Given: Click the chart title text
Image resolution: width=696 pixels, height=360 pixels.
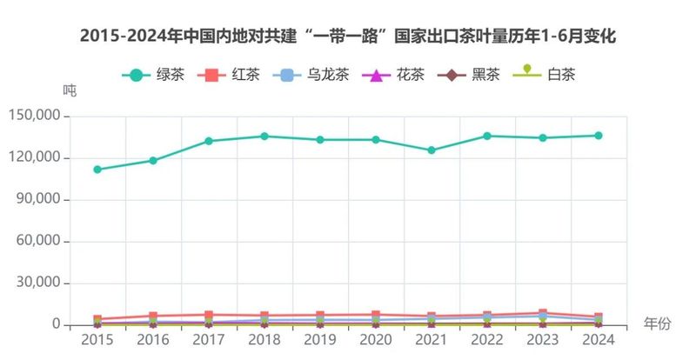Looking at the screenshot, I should coord(348,37).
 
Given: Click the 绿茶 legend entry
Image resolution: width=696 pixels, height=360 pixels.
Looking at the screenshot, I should coord(153,75).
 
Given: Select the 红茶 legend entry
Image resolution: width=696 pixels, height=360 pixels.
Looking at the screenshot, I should coord(230,75).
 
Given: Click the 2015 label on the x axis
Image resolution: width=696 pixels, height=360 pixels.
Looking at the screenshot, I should coord(97,340).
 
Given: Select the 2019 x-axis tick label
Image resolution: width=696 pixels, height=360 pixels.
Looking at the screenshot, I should coord(320,340).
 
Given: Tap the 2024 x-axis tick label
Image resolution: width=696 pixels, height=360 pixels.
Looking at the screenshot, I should coord(599,340).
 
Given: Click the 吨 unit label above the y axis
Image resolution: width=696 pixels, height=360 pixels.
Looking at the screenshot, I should coord(70,90).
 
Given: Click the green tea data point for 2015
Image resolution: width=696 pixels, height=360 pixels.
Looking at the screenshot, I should coord(97,170).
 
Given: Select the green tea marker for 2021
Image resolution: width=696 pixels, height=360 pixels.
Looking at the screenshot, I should coord(432,150).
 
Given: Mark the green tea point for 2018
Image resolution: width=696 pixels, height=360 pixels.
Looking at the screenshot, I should coord(264,136).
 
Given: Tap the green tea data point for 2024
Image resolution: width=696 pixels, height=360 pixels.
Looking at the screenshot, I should coord(599,135).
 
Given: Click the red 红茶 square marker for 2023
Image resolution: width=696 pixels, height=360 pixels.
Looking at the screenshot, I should coord(543,313).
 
